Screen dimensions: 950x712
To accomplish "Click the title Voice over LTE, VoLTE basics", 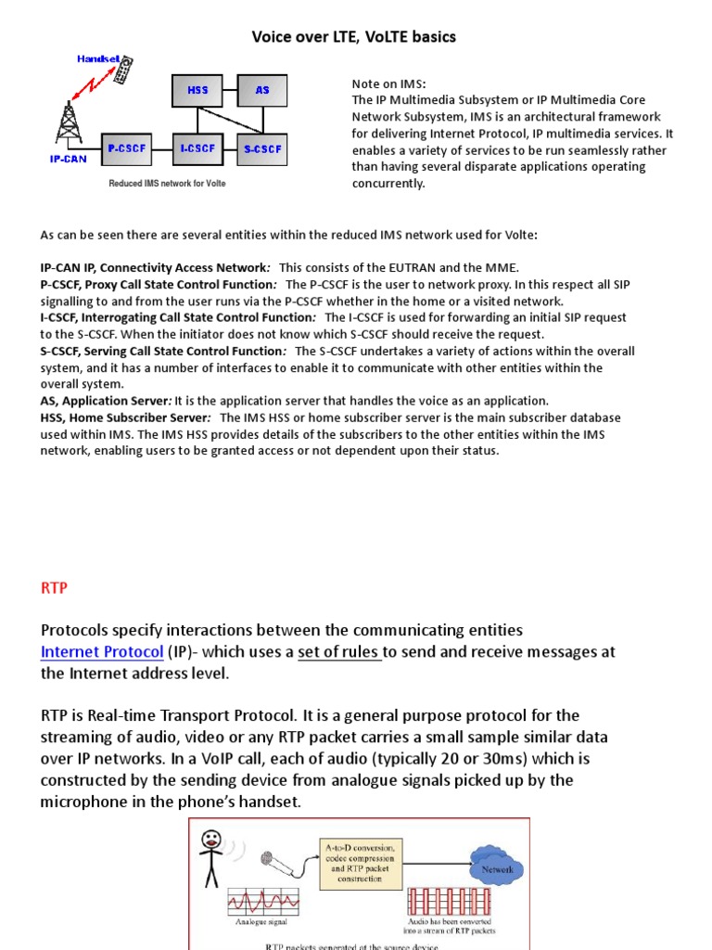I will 354,37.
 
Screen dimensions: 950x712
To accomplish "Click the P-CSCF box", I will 124,148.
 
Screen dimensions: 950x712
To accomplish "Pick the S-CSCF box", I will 262,148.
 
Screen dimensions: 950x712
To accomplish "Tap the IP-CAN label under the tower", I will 69,160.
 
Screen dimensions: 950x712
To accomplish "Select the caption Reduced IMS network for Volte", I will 167,184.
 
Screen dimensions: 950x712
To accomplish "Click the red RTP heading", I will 55,588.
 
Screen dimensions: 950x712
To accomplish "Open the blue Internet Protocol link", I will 102,651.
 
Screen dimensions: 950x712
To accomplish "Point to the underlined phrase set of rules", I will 339,651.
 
